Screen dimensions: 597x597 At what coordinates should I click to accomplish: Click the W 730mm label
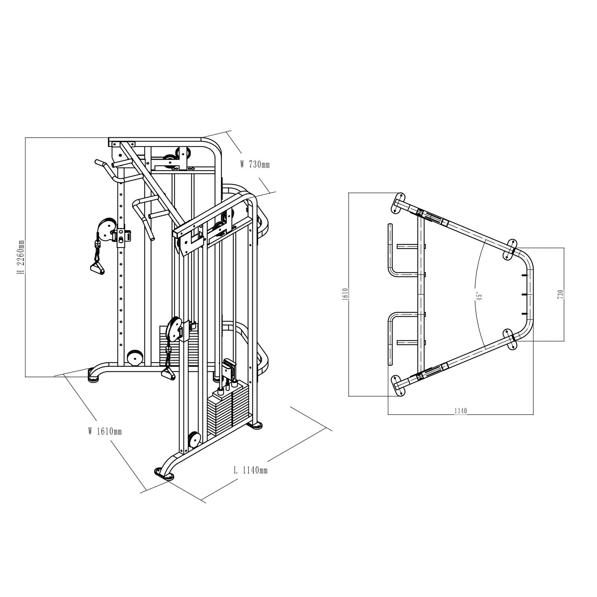255,164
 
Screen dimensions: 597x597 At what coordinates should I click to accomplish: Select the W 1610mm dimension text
105,432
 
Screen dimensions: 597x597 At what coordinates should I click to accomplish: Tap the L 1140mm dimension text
250,471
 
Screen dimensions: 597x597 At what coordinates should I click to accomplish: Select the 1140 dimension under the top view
460,411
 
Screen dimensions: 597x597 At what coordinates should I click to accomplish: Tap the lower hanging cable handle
168,373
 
